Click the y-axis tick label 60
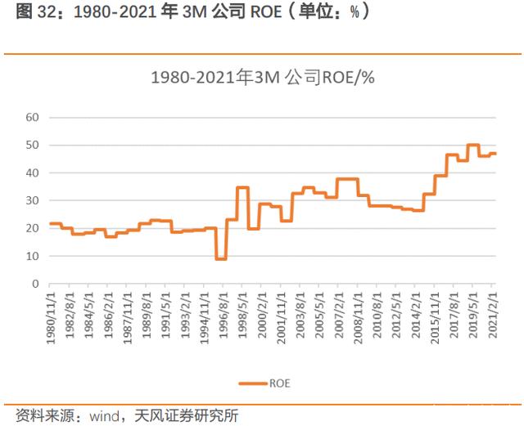pyautogui.click(x=33, y=118)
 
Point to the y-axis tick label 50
pyautogui.click(x=33, y=146)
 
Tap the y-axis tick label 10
pyautogui.click(x=33, y=256)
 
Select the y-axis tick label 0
pyautogui.click(x=35, y=284)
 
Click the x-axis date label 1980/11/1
pyautogui.click(x=51, y=317)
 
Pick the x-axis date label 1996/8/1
pyautogui.click(x=224, y=315)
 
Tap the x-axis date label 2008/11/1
pyautogui.click(x=359, y=317)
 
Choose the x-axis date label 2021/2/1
pyautogui.click(x=493, y=315)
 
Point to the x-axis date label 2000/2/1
pyautogui.click(x=262, y=315)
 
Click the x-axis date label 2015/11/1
pyautogui.click(x=435, y=317)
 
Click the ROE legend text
pyautogui.click(x=280, y=383)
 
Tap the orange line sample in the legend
pyautogui.click(x=253, y=383)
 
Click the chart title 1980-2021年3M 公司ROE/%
pyautogui.click(x=263, y=78)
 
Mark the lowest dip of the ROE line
pyautogui.click(x=221, y=258)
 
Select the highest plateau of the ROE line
pyautogui.click(x=473, y=145)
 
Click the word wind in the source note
pyautogui.click(x=104, y=416)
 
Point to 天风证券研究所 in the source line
pyautogui.click(x=187, y=416)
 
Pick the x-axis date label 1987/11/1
pyautogui.click(x=128, y=317)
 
